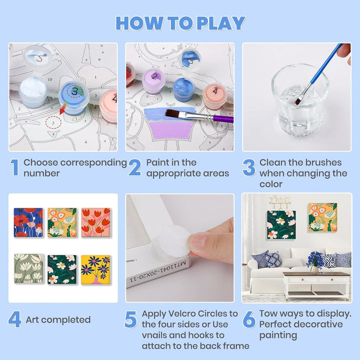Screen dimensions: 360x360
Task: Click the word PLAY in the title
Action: pos(221,23)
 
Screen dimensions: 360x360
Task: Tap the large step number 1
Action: pos(14,167)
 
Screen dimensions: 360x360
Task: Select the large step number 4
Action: pos(14,319)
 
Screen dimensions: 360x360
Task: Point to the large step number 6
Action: pos(249,319)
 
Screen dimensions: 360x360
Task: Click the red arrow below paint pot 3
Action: pos(63,108)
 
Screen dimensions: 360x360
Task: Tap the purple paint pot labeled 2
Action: pos(153,81)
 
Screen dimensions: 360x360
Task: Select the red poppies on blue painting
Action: pos(28,222)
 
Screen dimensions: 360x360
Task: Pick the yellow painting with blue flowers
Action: pos(95,270)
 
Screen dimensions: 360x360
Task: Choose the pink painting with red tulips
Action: pos(95,222)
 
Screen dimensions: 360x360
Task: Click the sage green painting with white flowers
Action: pos(28,268)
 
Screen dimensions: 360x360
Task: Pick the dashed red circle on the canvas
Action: pos(53,122)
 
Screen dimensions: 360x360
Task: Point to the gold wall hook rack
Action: pos(279,202)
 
